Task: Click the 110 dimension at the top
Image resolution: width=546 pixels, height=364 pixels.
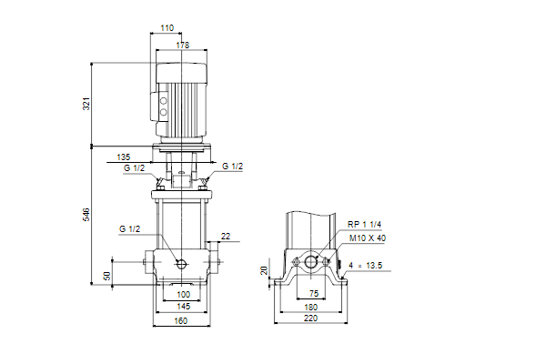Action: [167, 28]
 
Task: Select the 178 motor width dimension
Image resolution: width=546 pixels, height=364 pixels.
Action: [183, 45]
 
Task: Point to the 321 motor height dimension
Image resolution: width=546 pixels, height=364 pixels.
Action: [86, 104]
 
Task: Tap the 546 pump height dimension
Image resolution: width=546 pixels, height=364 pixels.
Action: [86, 214]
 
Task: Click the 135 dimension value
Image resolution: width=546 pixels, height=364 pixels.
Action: [123, 157]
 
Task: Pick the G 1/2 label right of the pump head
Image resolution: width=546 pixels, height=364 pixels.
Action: [232, 167]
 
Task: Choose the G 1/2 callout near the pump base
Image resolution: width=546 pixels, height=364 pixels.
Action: [129, 228]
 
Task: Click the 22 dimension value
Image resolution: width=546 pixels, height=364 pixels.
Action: [226, 237]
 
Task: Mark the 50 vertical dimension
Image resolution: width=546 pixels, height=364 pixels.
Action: [107, 276]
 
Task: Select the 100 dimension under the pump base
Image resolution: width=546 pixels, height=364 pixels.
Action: [184, 295]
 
